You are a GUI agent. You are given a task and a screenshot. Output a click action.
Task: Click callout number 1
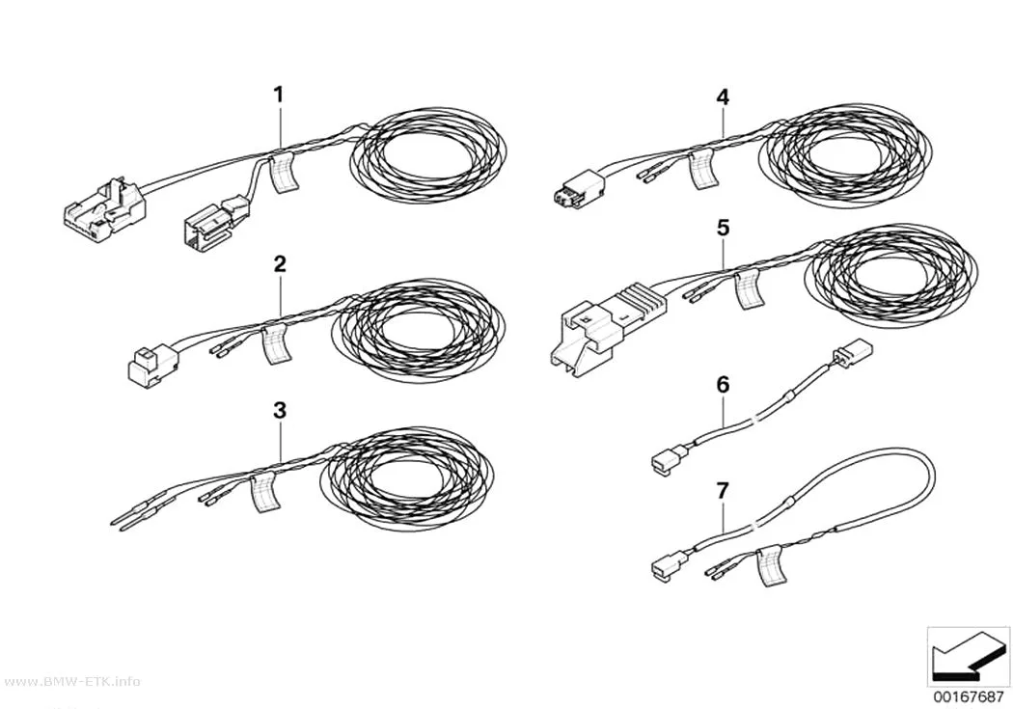(x=279, y=95)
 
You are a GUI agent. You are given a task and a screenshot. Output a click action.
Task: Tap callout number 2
(x=279, y=263)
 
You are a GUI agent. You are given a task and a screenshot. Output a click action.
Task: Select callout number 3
(x=279, y=410)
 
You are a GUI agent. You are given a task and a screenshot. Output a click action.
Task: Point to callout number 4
(x=723, y=97)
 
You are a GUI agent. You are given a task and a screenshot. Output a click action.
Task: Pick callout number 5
(x=723, y=228)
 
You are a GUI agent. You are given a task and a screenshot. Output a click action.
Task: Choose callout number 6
(x=723, y=385)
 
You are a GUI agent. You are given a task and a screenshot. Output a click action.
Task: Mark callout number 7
(x=723, y=491)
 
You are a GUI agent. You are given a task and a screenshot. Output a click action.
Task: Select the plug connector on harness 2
(x=151, y=365)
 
